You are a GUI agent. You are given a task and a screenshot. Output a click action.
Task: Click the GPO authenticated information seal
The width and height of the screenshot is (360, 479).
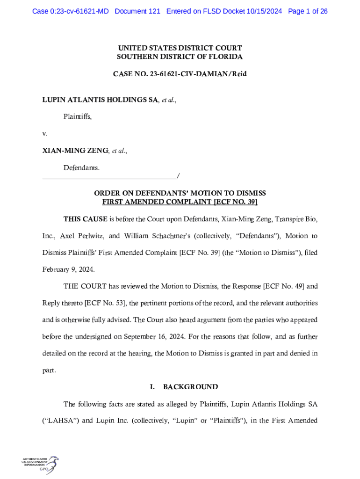point(40,464)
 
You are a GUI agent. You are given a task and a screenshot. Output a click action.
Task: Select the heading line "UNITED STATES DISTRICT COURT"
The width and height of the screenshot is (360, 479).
point(180,48)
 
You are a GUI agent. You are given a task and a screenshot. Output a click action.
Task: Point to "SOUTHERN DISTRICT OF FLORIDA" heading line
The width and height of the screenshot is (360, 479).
point(180,57)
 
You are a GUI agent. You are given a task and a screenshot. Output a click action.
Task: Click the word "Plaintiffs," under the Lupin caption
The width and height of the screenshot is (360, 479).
point(78,117)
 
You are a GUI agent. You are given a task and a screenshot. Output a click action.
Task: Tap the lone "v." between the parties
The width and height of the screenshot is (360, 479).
point(45,134)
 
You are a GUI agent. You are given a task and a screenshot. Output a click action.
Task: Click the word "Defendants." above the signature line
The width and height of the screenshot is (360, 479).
point(81,167)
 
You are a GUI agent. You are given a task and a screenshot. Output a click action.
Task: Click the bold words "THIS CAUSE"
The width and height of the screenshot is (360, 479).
point(85,219)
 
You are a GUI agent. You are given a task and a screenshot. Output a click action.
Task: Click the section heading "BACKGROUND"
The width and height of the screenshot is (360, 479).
point(190,387)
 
